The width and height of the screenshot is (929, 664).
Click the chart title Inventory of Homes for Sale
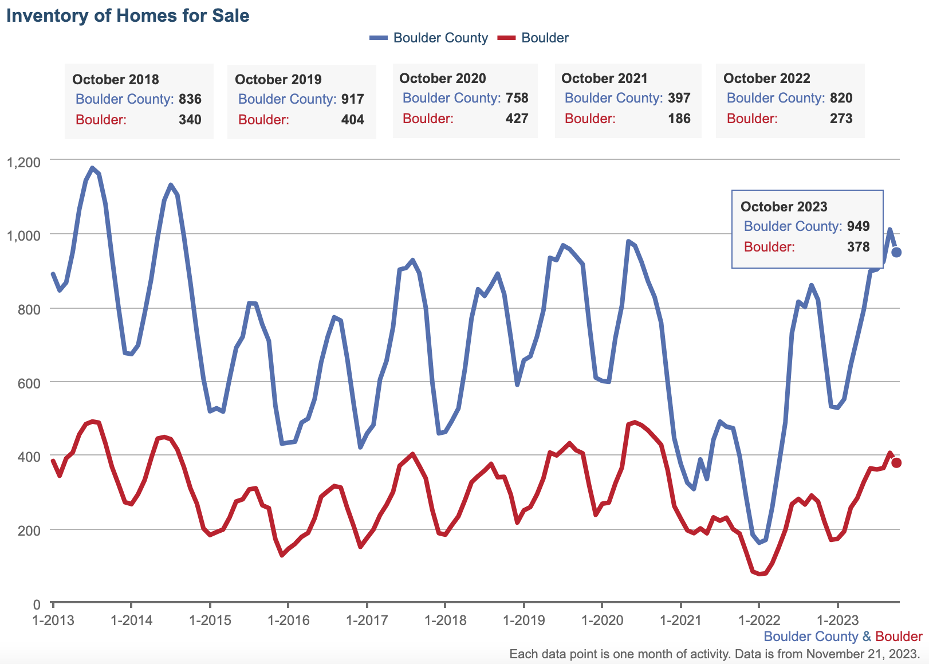coord(128,15)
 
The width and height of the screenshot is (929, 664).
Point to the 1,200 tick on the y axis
coord(23,162)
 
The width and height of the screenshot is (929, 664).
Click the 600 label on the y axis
coord(29,383)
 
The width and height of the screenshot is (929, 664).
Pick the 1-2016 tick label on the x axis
coord(289,620)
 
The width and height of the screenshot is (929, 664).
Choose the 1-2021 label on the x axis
coord(680,620)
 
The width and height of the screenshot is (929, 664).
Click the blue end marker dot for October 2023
coord(897,252)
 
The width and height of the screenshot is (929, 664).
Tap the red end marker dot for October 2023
coord(896,462)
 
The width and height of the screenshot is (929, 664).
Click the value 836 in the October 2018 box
coord(190,99)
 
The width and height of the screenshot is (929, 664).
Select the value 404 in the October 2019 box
coord(353,120)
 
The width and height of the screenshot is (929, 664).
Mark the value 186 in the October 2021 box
coord(679,119)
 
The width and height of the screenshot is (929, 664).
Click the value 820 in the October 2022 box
coord(841,98)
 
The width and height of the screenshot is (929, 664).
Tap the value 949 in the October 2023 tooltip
coord(859,226)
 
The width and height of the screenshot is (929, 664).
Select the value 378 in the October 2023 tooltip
coord(859,247)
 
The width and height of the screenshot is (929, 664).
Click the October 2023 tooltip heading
coord(784,207)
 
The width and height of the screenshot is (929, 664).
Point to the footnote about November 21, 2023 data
coord(714,654)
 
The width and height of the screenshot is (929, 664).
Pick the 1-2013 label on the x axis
coord(53,620)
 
